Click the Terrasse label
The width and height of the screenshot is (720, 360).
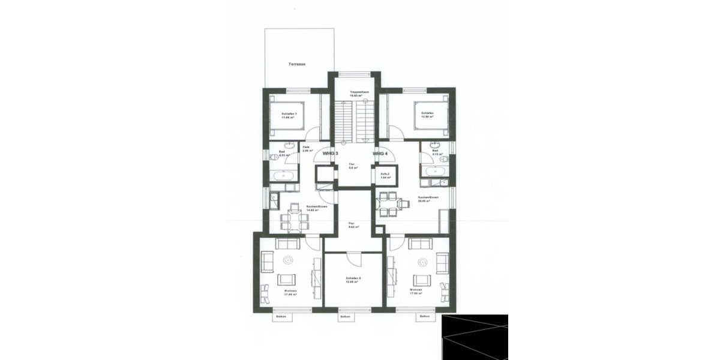pyautogui.click(x=297, y=63)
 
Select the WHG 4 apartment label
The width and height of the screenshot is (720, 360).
pyautogui.click(x=380, y=154)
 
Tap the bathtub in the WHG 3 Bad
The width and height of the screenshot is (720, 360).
pyautogui.click(x=282, y=176)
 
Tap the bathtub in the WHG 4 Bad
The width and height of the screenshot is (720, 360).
pyautogui.click(x=434, y=172)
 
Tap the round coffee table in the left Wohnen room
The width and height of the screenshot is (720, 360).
pyautogui.click(x=288, y=260)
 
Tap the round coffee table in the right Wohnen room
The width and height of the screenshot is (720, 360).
pyautogui.click(x=424, y=260)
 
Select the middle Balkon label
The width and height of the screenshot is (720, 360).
pyautogui.click(x=345, y=316)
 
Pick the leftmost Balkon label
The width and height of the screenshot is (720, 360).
pyautogui.click(x=281, y=316)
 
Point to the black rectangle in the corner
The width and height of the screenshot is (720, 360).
pyautogui.click(x=475, y=337)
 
